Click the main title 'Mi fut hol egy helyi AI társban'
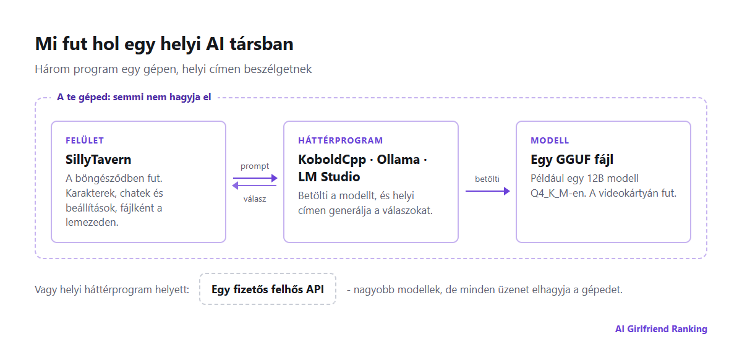[164, 45]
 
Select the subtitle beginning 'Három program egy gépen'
[173, 69]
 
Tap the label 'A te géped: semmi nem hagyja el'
[134, 97]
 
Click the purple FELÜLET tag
[85, 140]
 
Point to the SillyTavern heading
[98, 160]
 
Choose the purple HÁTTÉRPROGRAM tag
[341, 140]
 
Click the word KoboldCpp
[332, 160]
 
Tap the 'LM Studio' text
[329, 177]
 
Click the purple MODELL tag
[550, 140]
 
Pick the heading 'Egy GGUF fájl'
[572, 160]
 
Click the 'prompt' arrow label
[255, 166]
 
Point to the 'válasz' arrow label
[255, 199]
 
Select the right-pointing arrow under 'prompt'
[255, 178]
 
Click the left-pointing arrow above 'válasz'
[254, 186]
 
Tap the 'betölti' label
[487, 179]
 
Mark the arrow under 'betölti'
[488, 191]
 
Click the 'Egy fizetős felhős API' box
[268, 289]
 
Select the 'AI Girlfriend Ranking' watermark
[661, 329]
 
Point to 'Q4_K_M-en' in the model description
[558, 193]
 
